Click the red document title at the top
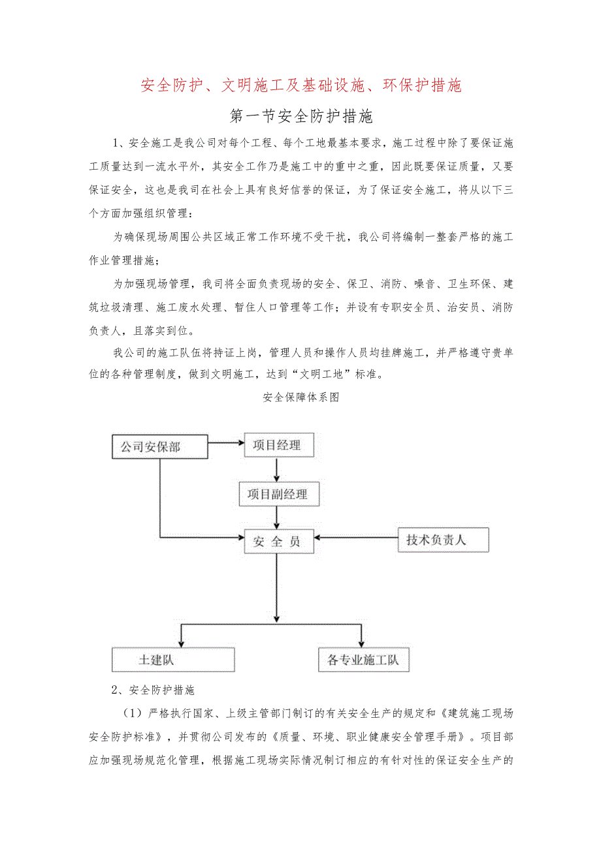[x=301, y=85]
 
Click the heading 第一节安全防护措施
[x=301, y=117]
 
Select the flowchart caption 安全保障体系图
[x=300, y=397]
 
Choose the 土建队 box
[x=173, y=659]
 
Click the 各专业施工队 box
[x=363, y=660]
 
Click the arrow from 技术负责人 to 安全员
[x=356, y=538]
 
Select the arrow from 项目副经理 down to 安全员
[x=278, y=517]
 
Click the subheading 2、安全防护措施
[x=154, y=690]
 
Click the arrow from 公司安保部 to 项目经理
[x=225, y=443]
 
